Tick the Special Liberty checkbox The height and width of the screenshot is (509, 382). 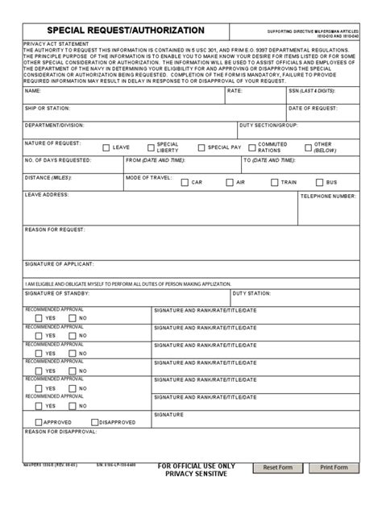click(x=151, y=148)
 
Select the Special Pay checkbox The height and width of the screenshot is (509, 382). click(x=201, y=148)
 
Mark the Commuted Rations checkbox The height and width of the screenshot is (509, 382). click(x=251, y=148)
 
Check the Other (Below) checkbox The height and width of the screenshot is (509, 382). click(x=308, y=148)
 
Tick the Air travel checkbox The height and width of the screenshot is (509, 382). click(x=230, y=183)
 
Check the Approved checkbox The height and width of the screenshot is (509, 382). click(x=39, y=421)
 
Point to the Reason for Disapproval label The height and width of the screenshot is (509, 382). click(x=60, y=432)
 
